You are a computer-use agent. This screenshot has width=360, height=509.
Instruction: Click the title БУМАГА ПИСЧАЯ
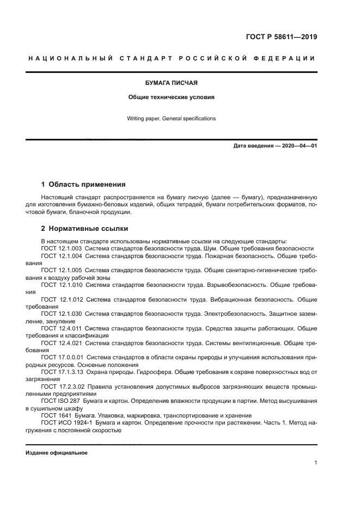(171, 83)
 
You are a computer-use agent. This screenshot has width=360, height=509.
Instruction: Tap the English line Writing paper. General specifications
(171, 118)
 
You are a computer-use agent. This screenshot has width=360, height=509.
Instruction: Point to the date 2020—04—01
(298, 146)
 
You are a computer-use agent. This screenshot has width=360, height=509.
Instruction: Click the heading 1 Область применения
(83, 185)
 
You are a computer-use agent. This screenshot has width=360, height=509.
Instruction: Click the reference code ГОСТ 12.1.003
(62, 248)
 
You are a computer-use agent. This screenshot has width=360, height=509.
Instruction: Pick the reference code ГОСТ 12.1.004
(62, 255)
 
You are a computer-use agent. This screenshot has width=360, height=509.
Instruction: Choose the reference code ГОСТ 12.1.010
(62, 284)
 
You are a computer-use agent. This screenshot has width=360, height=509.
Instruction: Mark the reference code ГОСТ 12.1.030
(62, 314)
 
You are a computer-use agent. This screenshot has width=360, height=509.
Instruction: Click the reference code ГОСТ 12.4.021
(62, 343)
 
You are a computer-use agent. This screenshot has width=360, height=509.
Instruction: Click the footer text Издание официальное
(57, 453)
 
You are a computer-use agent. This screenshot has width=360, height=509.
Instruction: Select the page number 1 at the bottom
(315, 463)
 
